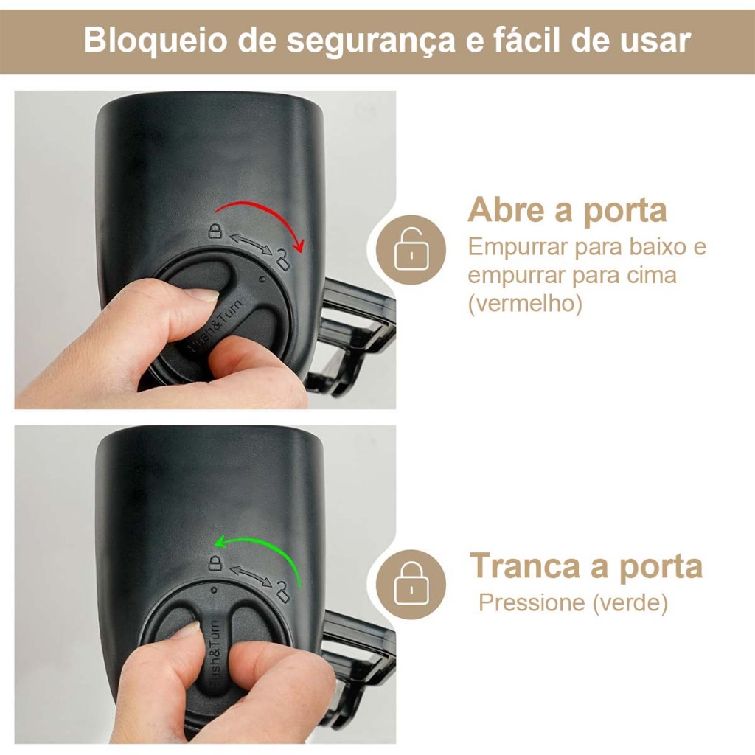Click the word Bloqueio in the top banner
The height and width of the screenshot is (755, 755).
(x=156, y=41)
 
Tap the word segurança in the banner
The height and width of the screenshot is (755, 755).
(x=370, y=42)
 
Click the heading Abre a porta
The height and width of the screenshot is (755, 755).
(x=567, y=210)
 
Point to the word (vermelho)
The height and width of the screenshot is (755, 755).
(x=525, y=303)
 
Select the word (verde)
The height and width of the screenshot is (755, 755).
(x=630, y=602)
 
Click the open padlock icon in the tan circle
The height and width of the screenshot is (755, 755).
(x=411, y=249)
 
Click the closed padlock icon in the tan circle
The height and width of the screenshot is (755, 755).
(x=411, y=584)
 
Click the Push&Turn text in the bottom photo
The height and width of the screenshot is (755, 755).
(x=214, y=653)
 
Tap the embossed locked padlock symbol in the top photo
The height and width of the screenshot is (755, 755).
(x=215, y=230)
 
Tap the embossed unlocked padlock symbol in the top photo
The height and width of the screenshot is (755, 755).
(x=282, y=259)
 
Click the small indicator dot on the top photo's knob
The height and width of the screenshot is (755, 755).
(x=262, y=279)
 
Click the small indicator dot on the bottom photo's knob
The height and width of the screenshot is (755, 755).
(x=214, y=588)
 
